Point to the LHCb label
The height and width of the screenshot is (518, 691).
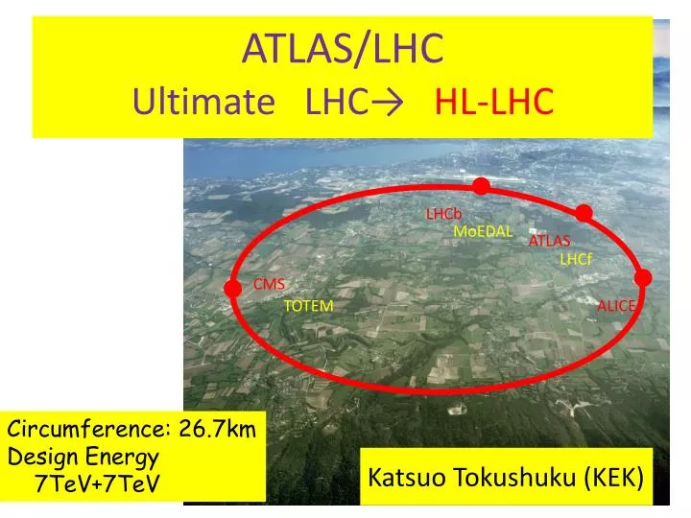[444, 213]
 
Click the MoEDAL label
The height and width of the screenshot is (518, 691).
[483, 231]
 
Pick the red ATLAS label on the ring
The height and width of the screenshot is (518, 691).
[549, 241]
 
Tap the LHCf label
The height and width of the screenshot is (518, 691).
[577, 259]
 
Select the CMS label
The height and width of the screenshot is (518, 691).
[269, 284]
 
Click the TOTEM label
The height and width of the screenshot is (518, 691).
[308, 306]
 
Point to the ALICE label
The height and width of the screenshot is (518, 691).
[616, 305]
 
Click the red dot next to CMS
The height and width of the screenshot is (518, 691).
[232, 288]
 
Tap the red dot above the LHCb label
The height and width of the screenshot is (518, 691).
[481, 185]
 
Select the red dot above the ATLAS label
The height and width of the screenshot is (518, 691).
[584, 213]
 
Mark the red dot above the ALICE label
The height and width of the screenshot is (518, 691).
[643, 278]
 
